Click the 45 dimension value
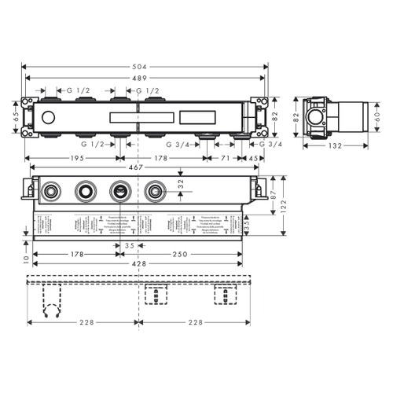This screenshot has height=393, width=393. [x=252, y=158]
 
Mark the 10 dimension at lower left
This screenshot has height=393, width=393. [x=26, y=258]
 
